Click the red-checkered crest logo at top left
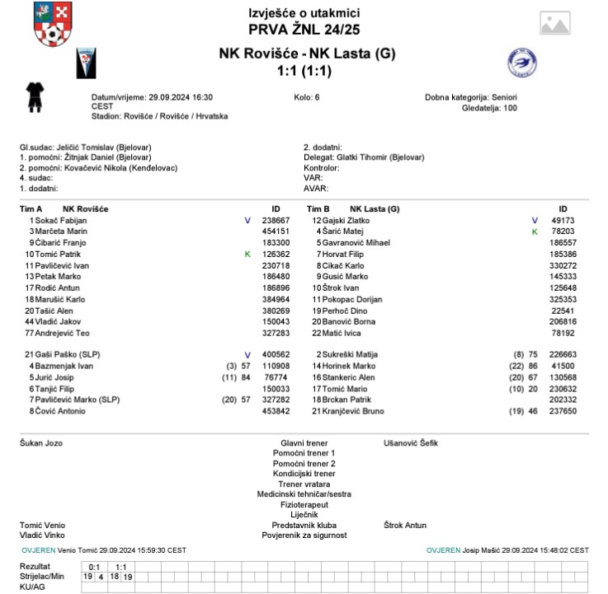pyautogui.click(x=52, y=24)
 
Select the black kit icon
pyautogui.click(x=34, y=96)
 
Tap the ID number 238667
pyautogui.click(x=276, y=221)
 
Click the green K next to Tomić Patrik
pyautogui.click(x=247, y=255)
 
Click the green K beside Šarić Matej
pyautogui.click(x=535, y=232)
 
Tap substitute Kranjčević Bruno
pyautogui.click(x=361, y=411)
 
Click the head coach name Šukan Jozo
pyautogui.click(x=40, y=443)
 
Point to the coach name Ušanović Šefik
pyautogui.click(x=411, y=443)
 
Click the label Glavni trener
pyautogui.click(x=304, y=443)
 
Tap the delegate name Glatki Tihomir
pyautogui.click(x=380, y=157)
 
